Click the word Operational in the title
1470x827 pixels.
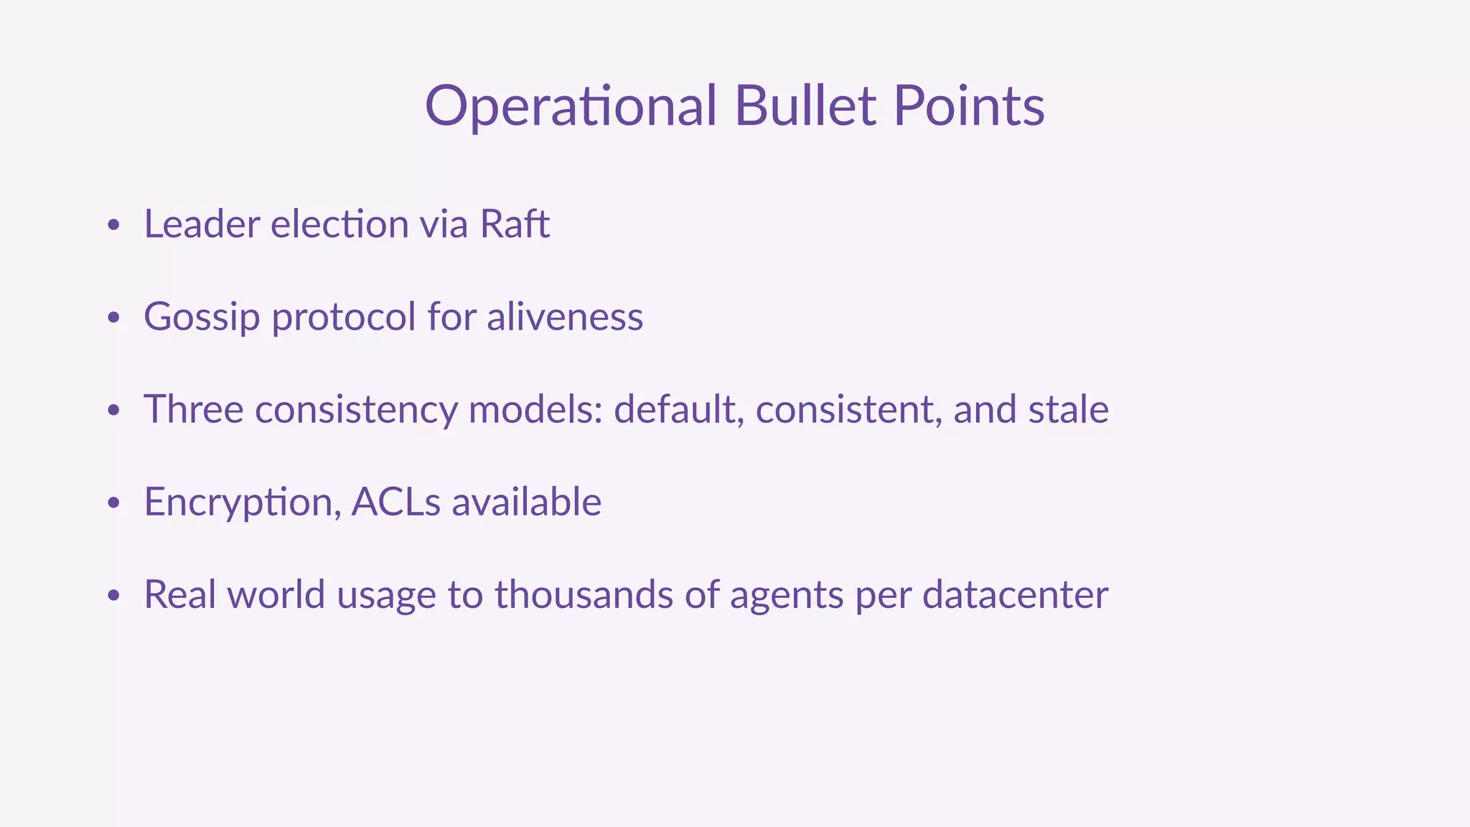tap(571, 106)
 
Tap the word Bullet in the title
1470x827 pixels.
tap(805, 106)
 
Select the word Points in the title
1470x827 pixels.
tap(968, 106)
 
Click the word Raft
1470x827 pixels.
tap(514, 224)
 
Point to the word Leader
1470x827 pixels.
tap(202, 224)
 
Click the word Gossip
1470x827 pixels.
tap(202, 317)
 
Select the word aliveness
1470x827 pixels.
tap(564, 317)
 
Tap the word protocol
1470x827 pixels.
tap(344, 317)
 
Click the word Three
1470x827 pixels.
tap(194, 409)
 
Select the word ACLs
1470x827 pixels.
tap(395, 502)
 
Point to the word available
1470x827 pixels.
tap(526, 502)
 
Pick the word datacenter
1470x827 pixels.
tap(1015, 594)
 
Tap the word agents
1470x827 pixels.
tap(786, 596)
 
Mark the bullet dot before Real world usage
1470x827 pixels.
tap(113, 596)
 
